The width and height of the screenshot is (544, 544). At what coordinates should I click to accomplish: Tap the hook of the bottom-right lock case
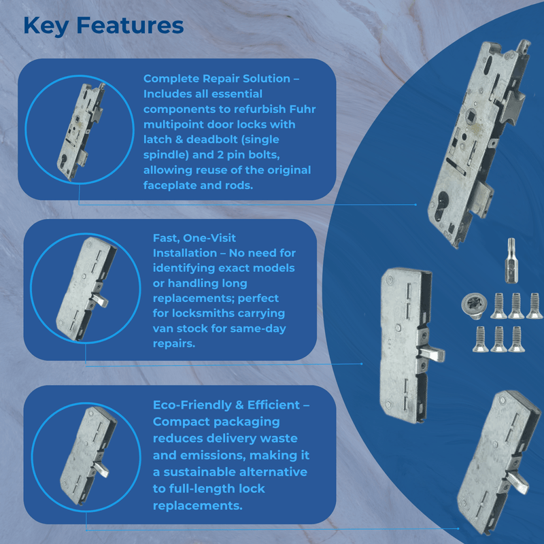520,484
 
